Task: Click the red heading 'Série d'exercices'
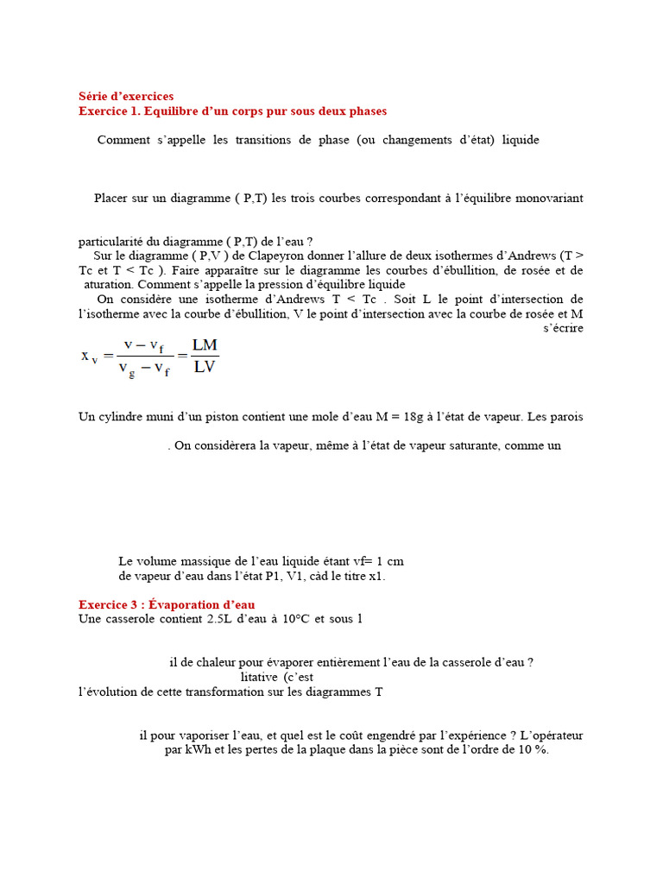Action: coord(126,96)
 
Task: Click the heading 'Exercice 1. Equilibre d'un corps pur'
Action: coord(232,111)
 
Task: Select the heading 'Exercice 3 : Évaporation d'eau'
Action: coord(167,605)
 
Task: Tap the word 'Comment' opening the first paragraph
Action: coord(123,140)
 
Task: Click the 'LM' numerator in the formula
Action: coord(205,344)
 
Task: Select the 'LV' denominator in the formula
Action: coord(205,366)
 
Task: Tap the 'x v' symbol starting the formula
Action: coord(90,356)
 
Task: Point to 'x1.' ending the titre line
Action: coord(377,576)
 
